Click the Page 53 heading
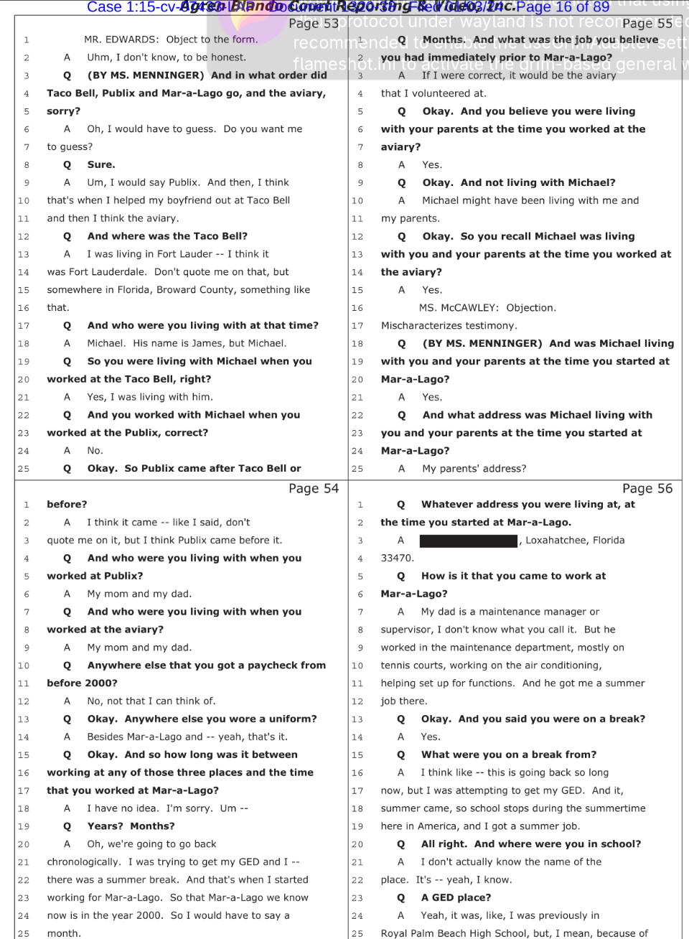point(313,24)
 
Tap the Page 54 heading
point(313,489)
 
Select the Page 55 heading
point(647,24)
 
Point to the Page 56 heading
point(647,489)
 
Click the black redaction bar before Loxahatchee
point(468,541)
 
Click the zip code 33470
point(397,558)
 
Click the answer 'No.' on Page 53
point(95,451)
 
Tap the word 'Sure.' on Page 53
point(101,164)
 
